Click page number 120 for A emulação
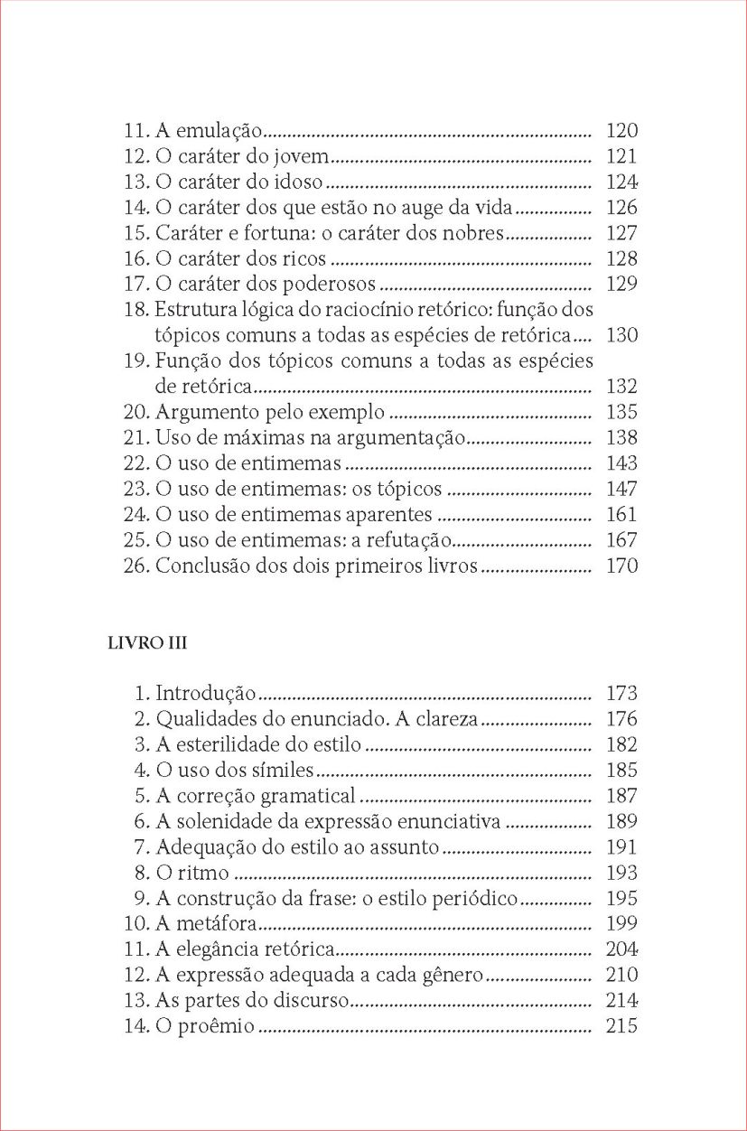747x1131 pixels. pos(621,130)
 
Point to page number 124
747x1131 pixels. pos(621,182)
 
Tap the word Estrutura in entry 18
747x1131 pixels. pos(191,310)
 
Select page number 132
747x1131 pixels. pos(621,387)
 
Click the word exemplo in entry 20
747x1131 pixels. pos(354,413)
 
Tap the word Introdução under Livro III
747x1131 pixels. pos(206,694)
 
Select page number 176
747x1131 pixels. pos(621,719)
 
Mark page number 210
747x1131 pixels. pos(621,976)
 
